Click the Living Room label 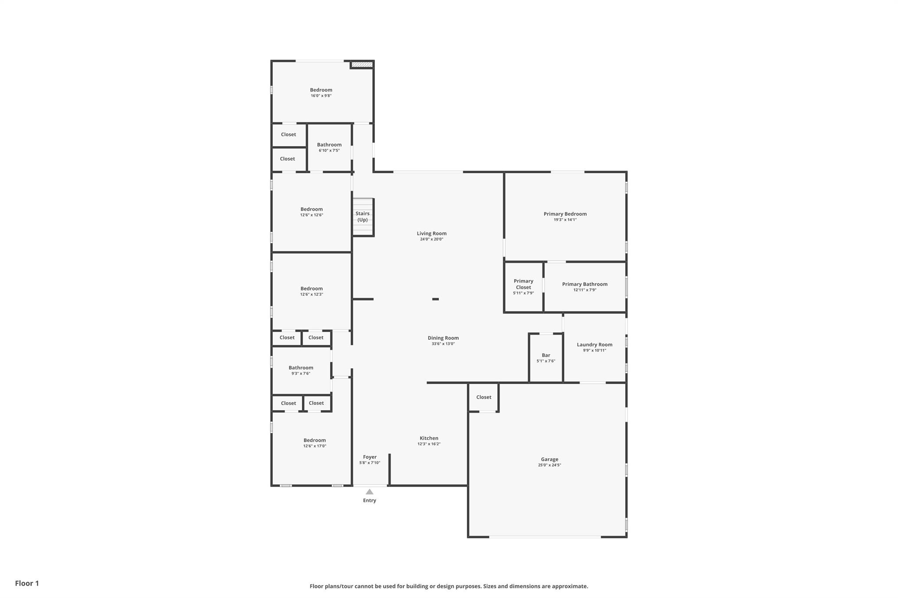431,234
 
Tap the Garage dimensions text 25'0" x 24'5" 549,465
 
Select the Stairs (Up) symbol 363,217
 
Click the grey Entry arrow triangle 370,492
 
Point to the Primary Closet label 524,284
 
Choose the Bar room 546,358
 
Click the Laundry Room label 595,345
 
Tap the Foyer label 370,457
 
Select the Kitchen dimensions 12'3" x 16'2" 429,444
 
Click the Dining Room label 443,338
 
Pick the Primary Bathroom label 585,284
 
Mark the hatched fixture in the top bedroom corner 362,65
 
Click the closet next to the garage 484,397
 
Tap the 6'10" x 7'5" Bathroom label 329,145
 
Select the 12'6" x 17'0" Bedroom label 315,440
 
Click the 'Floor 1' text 27,584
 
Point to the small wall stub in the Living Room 435,299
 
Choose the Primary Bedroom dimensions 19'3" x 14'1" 565,219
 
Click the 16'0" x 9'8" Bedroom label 321,90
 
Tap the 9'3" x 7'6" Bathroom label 301,368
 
